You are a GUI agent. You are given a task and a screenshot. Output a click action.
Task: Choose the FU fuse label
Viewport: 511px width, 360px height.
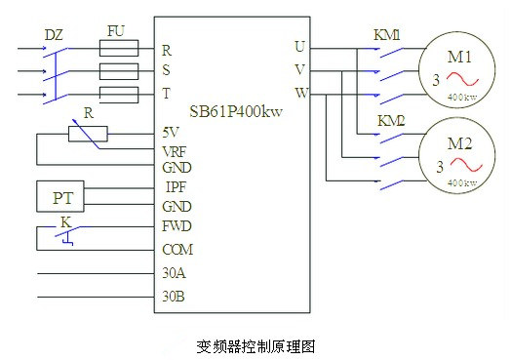click(115, 32)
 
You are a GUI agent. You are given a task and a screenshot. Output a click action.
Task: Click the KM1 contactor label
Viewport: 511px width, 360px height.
click(388, 35)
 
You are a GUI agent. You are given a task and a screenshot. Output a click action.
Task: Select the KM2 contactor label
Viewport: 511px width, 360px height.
click(391, 121)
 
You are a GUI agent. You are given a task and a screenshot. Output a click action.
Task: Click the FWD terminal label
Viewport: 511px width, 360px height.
click(176, 226)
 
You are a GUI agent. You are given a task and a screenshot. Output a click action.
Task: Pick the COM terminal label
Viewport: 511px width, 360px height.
click(177, 249)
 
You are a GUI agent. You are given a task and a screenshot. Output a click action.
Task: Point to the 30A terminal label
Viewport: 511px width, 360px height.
click(173, 274)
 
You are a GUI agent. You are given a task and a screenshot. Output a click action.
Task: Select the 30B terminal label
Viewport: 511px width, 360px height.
click(173, 297)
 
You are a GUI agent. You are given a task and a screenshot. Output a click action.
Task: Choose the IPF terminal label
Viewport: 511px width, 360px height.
click(175, 187)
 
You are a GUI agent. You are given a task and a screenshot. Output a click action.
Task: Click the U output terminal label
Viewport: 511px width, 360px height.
click(298, 46)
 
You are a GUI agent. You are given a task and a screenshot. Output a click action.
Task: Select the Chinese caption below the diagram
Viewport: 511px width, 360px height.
click(256, 344)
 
